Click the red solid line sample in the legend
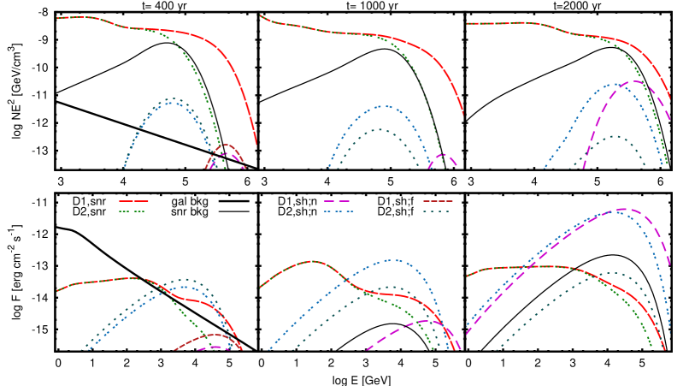point(133,201)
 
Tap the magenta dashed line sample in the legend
point(337,201)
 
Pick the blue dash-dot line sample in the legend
point(339,211)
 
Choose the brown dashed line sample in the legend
point(438,201)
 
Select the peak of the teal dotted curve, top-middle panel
point(379,130)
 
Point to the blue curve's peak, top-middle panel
point(385,106)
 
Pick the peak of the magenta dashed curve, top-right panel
point(636,81)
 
